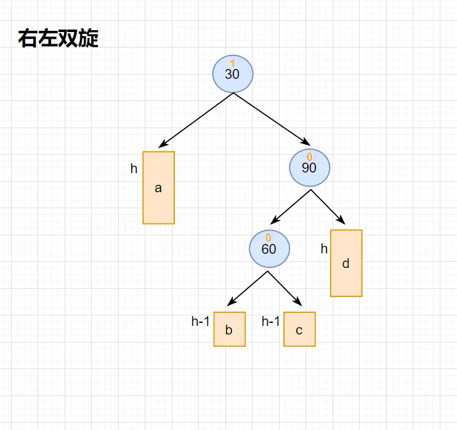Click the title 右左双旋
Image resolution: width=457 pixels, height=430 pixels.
click(59, 39)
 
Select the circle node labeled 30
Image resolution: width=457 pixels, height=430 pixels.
click(232, 73)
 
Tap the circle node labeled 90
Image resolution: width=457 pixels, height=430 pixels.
click(310, 166)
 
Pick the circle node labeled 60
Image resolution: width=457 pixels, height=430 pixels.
click(269, 248)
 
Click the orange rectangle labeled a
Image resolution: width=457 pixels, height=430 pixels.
click(158, 188)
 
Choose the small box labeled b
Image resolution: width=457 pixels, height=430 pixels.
click(229, 330)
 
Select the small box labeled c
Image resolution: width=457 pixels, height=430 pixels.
click(299, 330)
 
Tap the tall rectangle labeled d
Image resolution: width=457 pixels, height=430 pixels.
click(346, 263)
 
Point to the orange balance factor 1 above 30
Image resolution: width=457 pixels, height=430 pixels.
click(232, 63)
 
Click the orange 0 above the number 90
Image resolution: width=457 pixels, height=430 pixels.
click(309, 157)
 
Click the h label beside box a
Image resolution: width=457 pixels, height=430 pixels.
click(134, 169)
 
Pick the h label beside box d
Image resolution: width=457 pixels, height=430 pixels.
click(324, 249)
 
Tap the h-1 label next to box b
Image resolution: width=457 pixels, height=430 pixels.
click(201, 321)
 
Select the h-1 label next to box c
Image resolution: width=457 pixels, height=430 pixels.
click(271, 321)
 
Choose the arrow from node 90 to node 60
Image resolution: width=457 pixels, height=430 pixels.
click(291, 206)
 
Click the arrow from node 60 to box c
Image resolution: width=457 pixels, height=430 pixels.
click(285, 288)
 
